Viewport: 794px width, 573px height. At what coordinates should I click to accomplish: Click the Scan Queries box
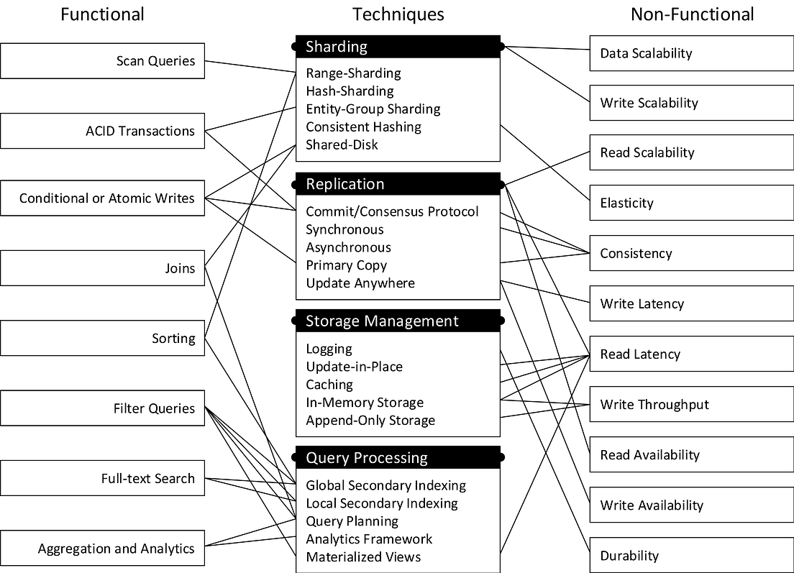(x=102, y=61)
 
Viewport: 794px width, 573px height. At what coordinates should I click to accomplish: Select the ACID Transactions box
(x=102, y=131)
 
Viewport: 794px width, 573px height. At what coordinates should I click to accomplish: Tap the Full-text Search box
(x=102, y=479)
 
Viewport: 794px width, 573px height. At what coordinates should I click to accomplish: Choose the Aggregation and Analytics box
(x=102, y=549)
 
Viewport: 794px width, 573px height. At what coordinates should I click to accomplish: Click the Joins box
(x=102, y=268)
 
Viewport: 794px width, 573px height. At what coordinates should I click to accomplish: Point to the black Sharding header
(x=398, y=47)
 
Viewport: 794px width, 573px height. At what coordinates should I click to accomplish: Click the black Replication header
(x=398, y=184)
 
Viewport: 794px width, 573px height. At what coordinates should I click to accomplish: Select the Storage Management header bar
(x=398, y=321)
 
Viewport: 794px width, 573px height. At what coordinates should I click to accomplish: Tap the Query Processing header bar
(x=398, y=458)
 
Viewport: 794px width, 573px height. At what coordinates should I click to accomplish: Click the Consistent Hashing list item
(x=363, y=127)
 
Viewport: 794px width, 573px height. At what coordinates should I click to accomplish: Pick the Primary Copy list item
(x=346, y=265)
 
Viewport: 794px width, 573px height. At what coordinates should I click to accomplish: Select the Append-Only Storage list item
(x=370, y=421)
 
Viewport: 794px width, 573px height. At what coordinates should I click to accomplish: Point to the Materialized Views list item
(x=363, y=557)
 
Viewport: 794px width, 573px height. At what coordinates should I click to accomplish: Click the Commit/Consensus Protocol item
(x=392, y=211)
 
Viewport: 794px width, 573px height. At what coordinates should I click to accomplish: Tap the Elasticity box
(x=691, y=203)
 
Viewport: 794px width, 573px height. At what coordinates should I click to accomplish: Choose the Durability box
(x=691, y=556)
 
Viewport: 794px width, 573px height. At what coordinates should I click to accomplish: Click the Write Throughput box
(x=691, y=405)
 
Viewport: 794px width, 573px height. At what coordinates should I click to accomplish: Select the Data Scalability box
(x=691, y=53)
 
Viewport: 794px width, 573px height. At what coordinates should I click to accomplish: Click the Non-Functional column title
(x=692, y=14)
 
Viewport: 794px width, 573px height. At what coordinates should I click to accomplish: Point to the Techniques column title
(x=398, y=14)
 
